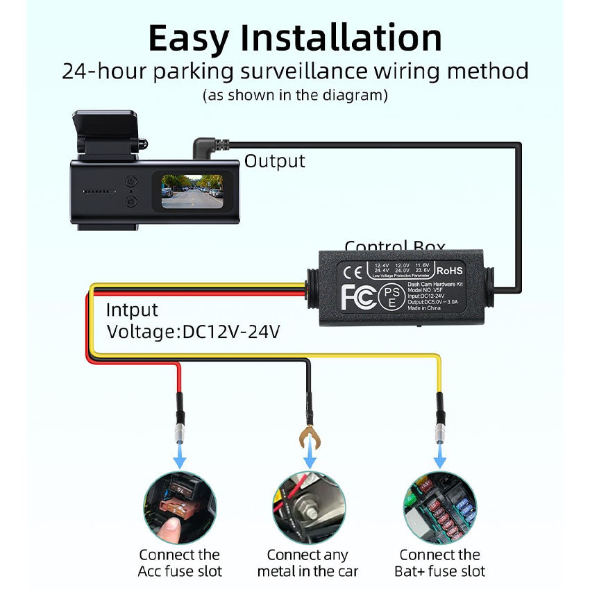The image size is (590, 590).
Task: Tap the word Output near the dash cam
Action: tap(274, 161)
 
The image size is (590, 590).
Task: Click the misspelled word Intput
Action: tap(132, 310)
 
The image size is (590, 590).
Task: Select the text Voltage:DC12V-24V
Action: tap(193, 332)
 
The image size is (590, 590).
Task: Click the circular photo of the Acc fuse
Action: tap(180, 506)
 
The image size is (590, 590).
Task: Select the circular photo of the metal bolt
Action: tap(307, 506)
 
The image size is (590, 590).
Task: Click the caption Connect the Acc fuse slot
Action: tap(180, 563)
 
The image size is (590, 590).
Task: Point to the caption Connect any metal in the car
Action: tap(307, 563)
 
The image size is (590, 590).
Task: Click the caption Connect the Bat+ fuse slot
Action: tap(439, 563)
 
